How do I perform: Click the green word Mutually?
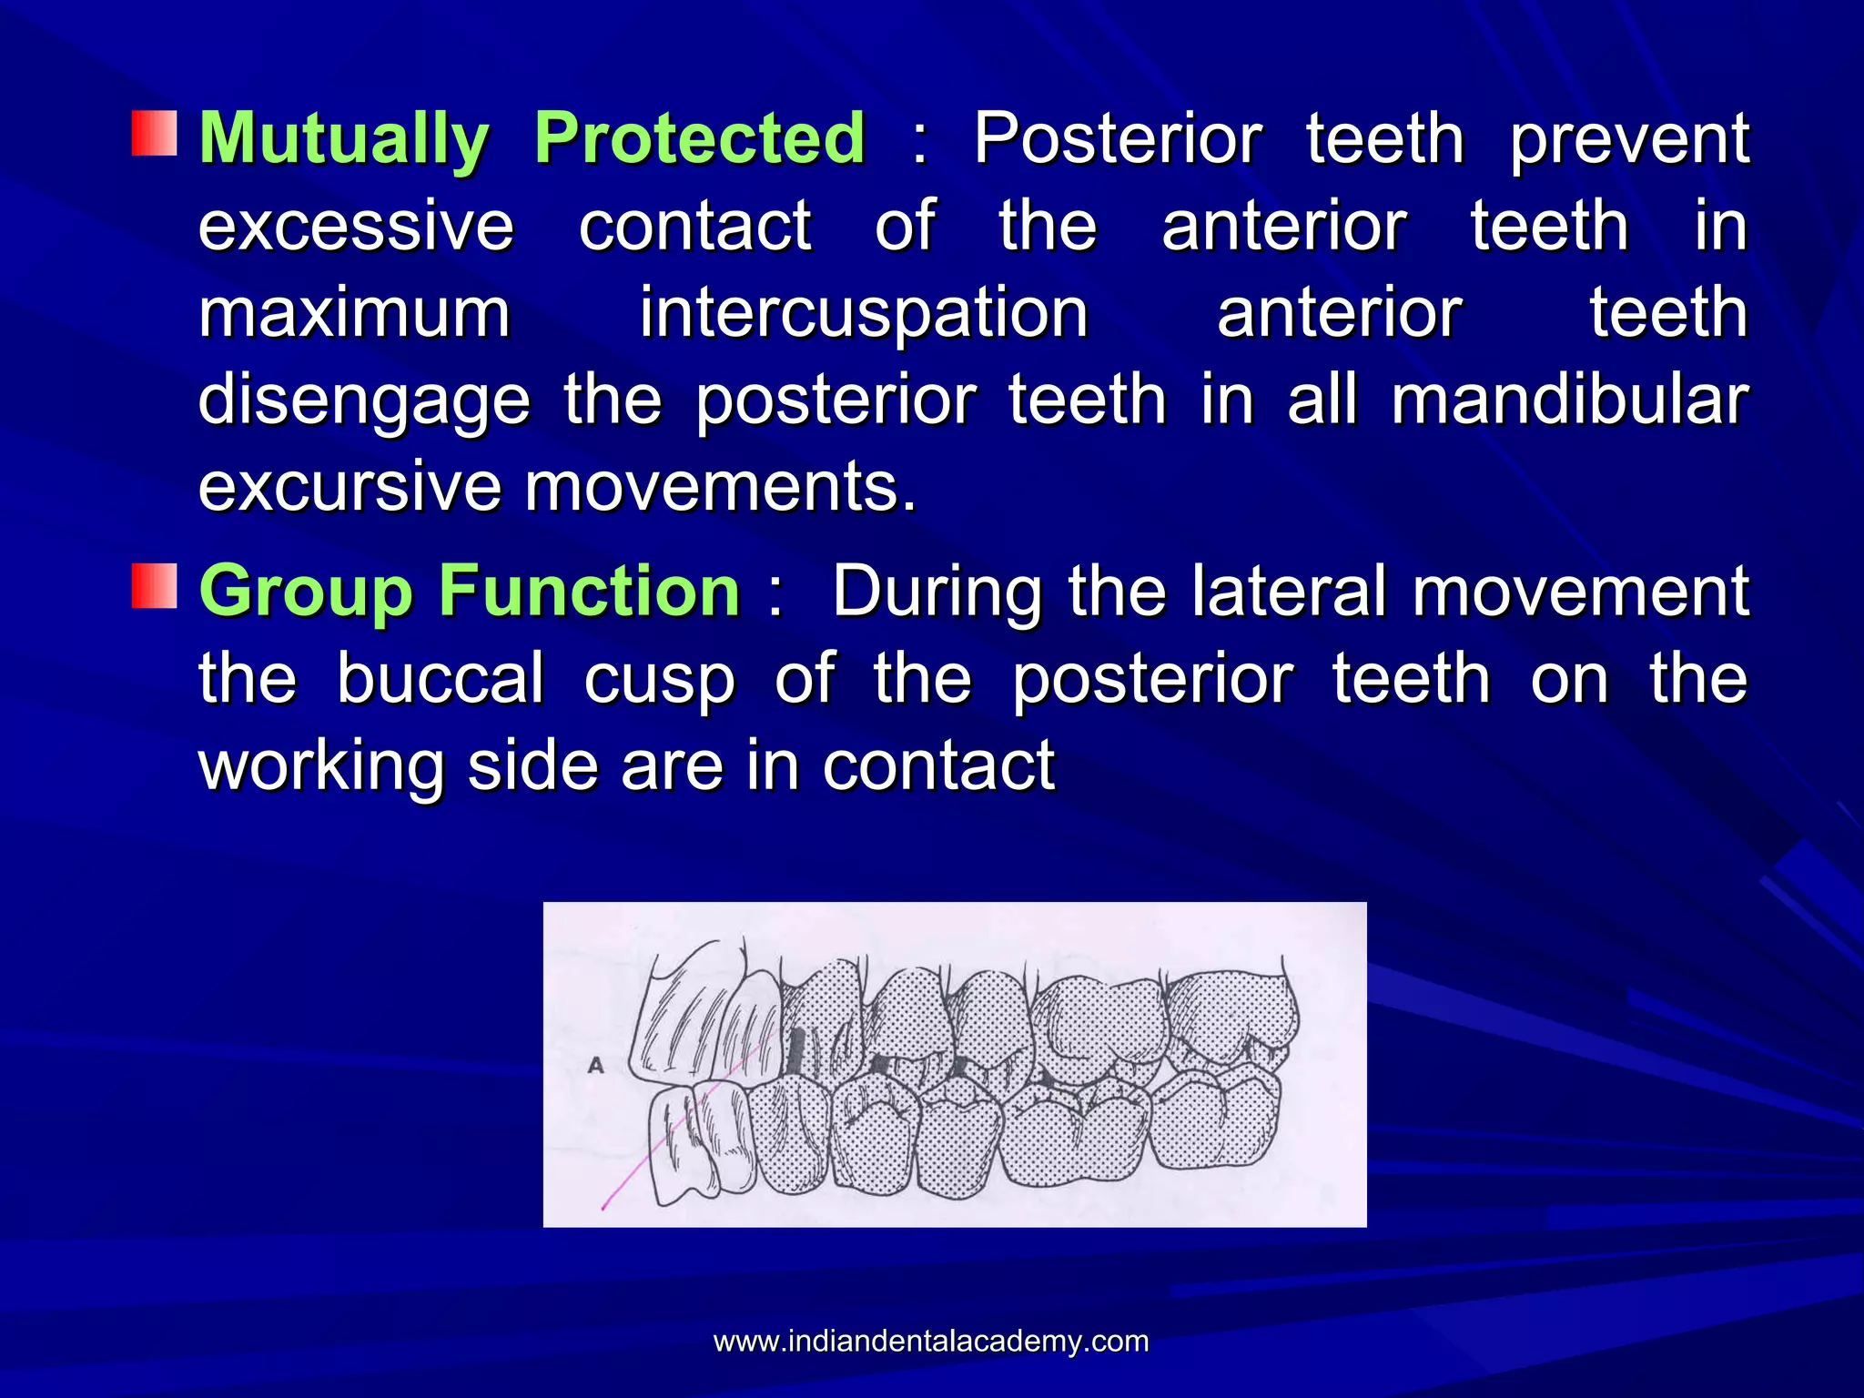point(344,139)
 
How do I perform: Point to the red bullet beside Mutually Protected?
point(154,133)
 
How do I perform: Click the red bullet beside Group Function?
point(154,586)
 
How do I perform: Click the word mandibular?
point(1569,400)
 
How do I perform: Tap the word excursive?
point(349,487)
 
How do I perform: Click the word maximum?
point(354,314)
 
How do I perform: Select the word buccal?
point(441,678)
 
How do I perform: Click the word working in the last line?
point(321,767)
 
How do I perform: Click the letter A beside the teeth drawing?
point(596,1064)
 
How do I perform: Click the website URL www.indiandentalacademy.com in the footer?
point(931,1341)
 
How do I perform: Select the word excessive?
point(356,226)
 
